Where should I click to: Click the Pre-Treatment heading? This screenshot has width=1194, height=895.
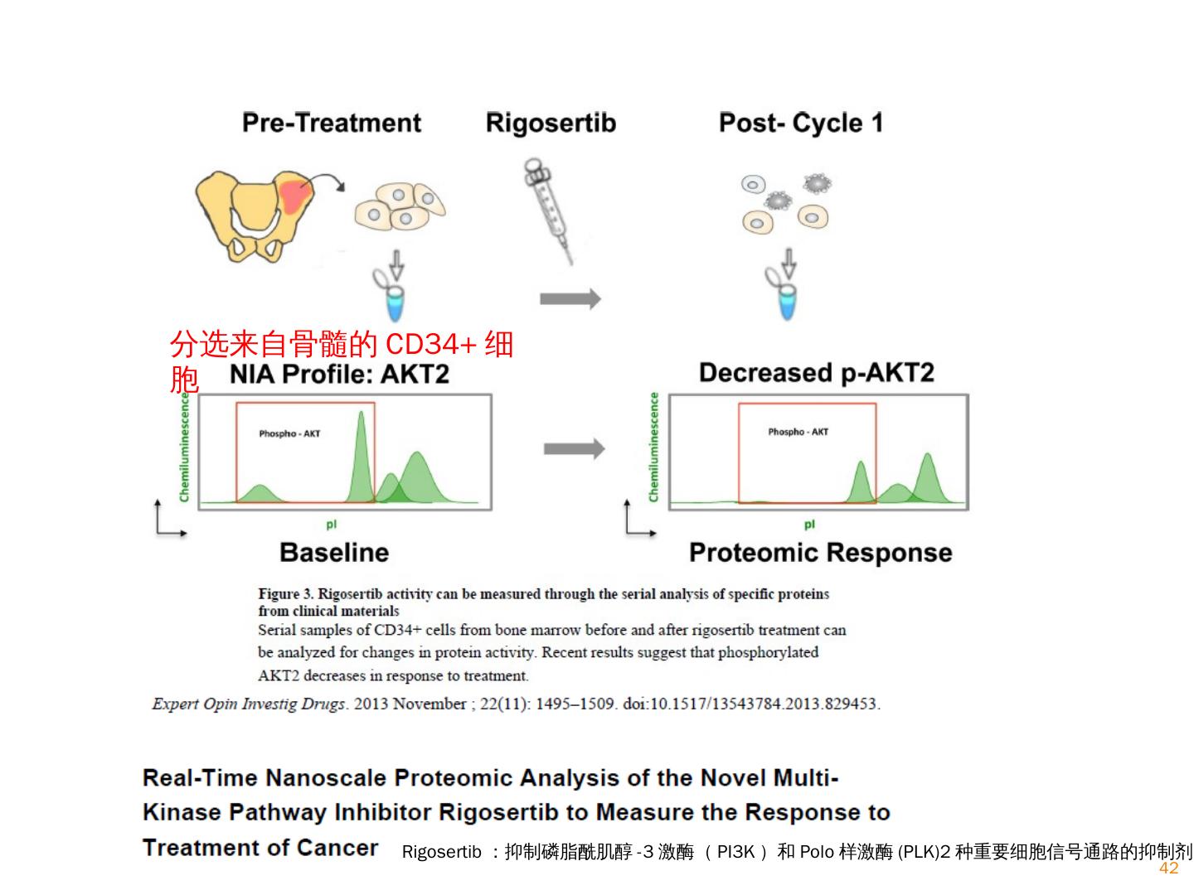332,123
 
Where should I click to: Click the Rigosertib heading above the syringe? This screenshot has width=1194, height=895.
551,123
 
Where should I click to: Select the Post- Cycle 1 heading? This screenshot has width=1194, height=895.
800,123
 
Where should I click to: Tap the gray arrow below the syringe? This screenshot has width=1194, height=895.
570,298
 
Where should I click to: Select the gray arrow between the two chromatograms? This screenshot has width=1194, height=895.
574,449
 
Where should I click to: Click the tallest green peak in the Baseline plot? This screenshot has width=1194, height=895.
361,456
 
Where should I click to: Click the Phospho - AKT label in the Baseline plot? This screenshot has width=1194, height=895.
289,433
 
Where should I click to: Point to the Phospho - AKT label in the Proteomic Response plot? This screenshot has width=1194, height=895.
798,432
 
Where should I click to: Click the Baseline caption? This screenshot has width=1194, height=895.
334,553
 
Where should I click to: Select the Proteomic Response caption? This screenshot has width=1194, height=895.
820,553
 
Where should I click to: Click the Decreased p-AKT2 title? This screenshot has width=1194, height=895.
816,373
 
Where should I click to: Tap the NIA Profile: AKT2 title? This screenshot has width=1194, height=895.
339,375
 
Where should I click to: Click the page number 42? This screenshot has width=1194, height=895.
1168,868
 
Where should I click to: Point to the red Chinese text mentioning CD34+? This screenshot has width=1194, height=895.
341,344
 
